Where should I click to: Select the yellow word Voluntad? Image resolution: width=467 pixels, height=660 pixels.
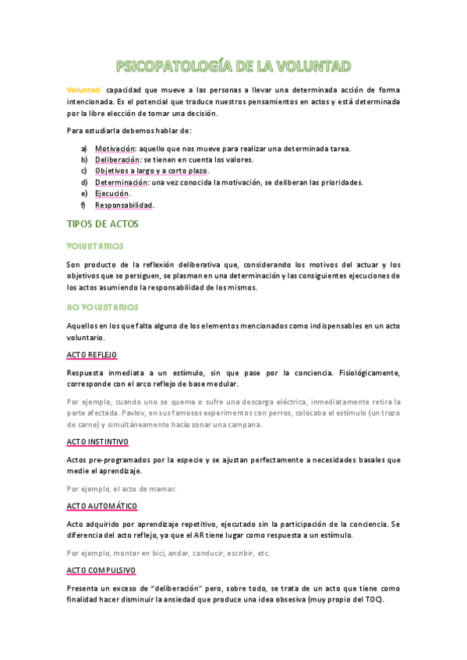(83, 90)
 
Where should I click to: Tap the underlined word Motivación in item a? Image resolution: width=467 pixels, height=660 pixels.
(115, 148)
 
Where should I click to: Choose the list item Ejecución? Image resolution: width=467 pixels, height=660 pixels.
(111, 194)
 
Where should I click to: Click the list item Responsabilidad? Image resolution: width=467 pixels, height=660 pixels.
(124, 205)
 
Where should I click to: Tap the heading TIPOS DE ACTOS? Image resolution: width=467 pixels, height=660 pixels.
(102, 223)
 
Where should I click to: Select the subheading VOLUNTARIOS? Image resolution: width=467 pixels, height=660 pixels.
(95, 245)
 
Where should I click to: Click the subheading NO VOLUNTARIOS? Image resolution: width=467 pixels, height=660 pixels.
(102, 307)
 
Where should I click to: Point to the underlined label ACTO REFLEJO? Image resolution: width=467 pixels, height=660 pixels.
(91, 355)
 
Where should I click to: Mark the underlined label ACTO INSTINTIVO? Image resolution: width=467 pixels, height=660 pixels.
(97, 441)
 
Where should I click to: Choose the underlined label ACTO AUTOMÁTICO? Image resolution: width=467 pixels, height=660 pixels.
(101, 506)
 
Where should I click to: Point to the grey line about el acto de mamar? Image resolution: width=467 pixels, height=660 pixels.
(122, 489)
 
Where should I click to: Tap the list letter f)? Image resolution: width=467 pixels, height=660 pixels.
(83, 205)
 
